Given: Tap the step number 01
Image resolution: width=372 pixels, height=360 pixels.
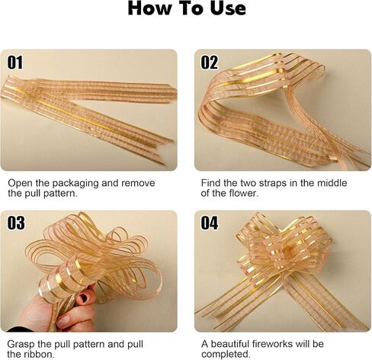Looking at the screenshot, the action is (x=14, y=63).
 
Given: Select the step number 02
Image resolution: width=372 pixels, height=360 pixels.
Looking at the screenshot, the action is (x=210, y=63).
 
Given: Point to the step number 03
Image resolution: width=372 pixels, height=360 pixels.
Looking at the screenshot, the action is (x=16, y=223).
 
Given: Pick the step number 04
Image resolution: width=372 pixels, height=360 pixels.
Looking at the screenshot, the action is (x=210, y=223).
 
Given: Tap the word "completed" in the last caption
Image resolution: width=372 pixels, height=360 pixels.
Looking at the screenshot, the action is (x=226, y=354).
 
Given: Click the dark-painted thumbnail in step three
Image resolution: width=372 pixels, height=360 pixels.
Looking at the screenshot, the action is (x=85, y=297).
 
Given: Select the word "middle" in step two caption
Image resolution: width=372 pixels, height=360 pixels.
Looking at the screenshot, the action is (x=332, y=183).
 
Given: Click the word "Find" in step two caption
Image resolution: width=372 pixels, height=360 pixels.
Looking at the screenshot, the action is (x=210, y=183).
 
